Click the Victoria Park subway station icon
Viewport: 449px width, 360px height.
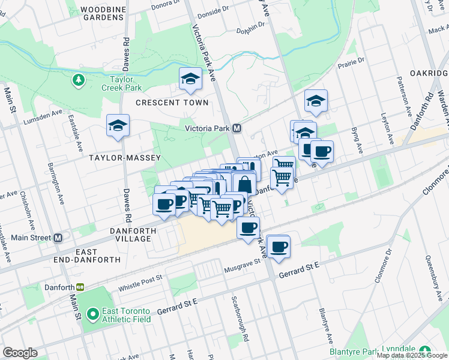[x=237, y=128]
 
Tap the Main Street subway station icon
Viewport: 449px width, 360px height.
[x=58, y=238]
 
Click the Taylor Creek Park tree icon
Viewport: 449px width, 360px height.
[x=78, y=79]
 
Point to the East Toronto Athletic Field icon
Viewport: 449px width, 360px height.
[x=92, y=314]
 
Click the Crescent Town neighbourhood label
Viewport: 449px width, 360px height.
[x=172, y=103]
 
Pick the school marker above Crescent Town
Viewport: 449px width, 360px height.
[x=191, y=79]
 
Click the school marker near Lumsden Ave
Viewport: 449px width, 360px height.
[x=118, y=125]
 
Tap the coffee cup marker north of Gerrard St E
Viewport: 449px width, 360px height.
[x=278, y=246]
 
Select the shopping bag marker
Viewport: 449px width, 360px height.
[x=244, y=183]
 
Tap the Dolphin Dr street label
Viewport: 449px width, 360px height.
[x=250, y=28]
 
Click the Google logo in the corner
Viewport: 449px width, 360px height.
[x=20, y=353]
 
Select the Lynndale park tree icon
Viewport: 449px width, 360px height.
[x=425, y=350]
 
